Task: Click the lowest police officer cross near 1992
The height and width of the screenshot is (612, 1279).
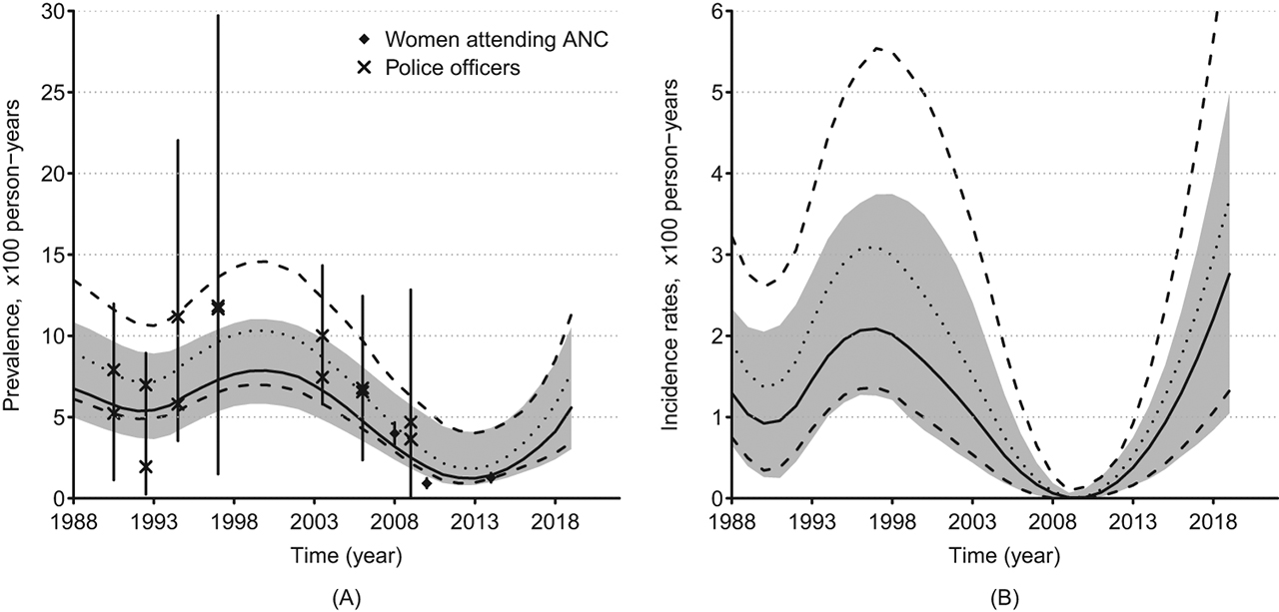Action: tap(146, 466)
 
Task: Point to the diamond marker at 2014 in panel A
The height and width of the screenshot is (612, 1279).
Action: tap(490, 477)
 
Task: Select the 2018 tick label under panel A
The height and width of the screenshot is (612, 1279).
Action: tap(556, 521)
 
